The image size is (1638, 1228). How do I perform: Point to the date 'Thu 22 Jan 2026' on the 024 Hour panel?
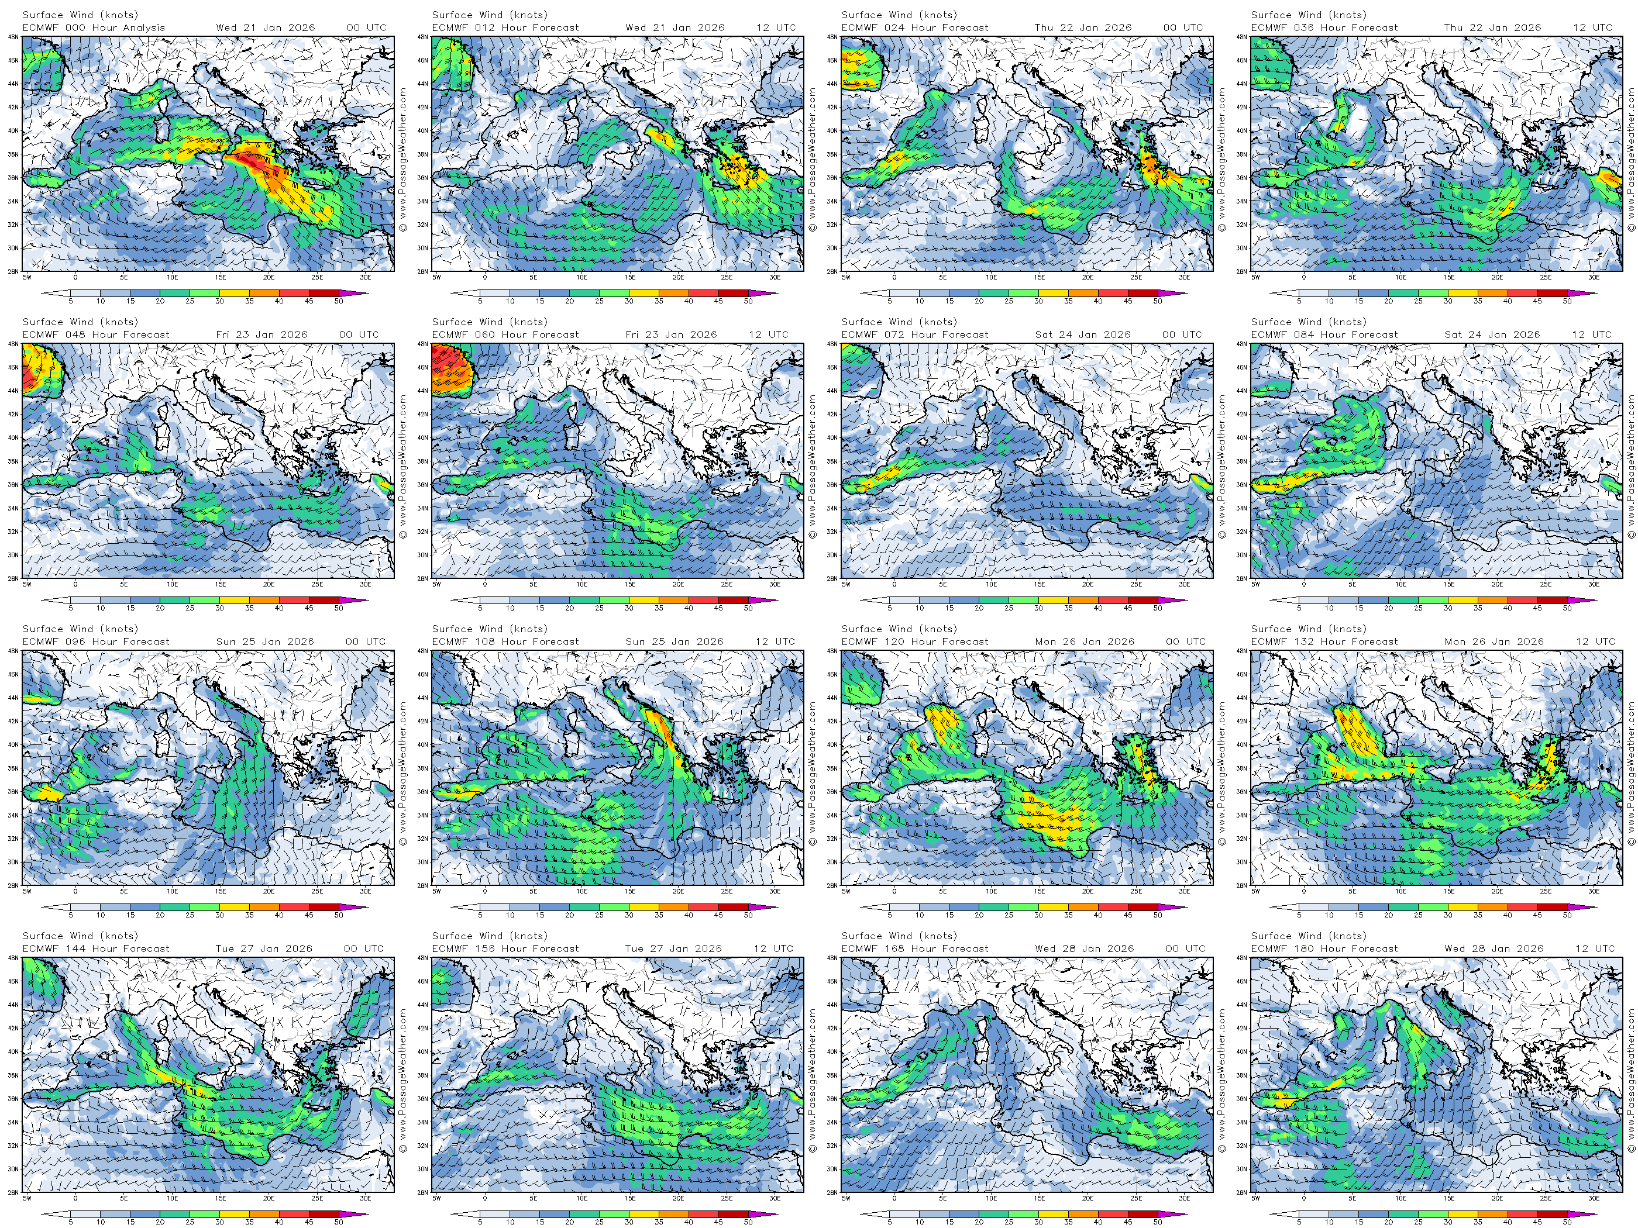[x=1083, y=28]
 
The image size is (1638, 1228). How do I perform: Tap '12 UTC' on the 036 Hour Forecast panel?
[x=1593, y=28]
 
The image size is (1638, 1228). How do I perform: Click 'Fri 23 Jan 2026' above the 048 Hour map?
[x=261, y=334]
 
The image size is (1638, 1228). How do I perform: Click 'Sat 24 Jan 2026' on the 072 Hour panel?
[x=1083, y=334]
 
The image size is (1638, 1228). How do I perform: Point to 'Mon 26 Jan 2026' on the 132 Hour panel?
[x=1494, y=641]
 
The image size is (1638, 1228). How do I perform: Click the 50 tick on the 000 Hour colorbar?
[x=338, y=301]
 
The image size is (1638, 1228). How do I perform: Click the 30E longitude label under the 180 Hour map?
[x=1594, y=1198]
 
